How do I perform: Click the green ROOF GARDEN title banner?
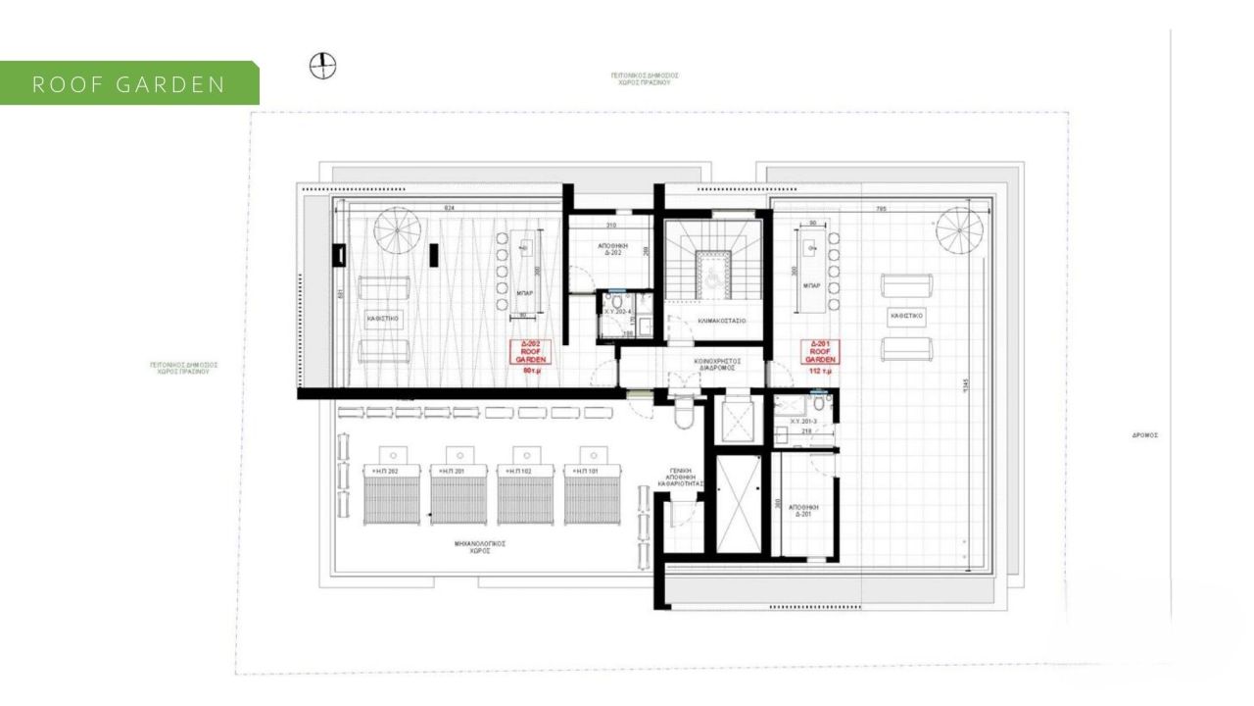point(129,83)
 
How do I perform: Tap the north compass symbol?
point(322,66)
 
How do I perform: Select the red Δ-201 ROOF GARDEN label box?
point(820,352)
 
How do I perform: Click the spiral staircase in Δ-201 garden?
point(959,230)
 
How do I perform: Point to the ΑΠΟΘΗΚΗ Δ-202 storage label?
point(610,248)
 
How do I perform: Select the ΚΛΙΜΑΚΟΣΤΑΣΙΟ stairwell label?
point(723,320)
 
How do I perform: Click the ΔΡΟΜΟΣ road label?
point(1144,434)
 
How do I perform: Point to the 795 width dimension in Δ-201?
point(882,208)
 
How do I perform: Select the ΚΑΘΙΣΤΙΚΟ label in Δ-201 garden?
point(906,317)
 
